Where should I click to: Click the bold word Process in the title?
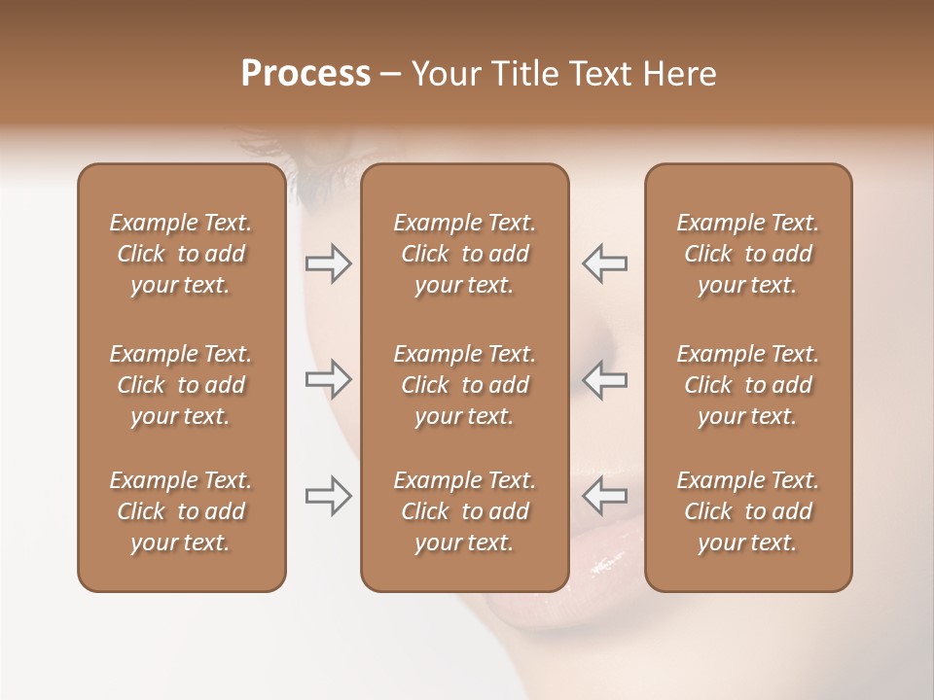305,74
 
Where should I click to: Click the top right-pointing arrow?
329,263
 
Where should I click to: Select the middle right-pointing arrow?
329,379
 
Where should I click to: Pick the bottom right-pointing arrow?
329,496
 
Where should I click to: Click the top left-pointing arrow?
604,263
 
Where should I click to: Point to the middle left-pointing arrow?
604,379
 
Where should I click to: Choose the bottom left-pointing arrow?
604,496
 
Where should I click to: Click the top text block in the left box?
181,254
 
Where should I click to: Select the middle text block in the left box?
181,385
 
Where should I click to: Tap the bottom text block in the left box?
181,511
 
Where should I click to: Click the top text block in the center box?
464,254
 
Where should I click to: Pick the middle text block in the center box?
464,385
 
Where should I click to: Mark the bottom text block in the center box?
464,511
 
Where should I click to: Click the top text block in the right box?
747,254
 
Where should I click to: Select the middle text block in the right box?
747,385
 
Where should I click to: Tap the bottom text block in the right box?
747,511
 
